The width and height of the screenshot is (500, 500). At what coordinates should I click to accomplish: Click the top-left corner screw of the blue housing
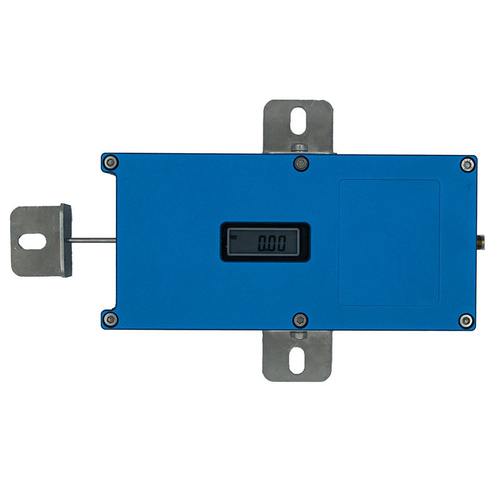point(111,162)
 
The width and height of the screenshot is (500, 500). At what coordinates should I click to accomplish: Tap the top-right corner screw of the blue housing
point(467,165)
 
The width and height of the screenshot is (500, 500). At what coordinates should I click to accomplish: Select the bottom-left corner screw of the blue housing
point(111,319)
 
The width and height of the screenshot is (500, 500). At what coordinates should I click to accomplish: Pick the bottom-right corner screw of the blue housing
point(466,321)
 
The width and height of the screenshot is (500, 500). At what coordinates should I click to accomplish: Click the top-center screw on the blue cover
point(301,164)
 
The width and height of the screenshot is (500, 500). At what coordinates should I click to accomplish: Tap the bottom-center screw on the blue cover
point(300,320)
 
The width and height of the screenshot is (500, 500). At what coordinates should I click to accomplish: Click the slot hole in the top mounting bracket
point(299,121)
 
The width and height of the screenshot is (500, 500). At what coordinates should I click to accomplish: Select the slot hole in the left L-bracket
point(32,241)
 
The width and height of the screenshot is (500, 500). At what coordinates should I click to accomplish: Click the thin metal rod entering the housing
point(91,240)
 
